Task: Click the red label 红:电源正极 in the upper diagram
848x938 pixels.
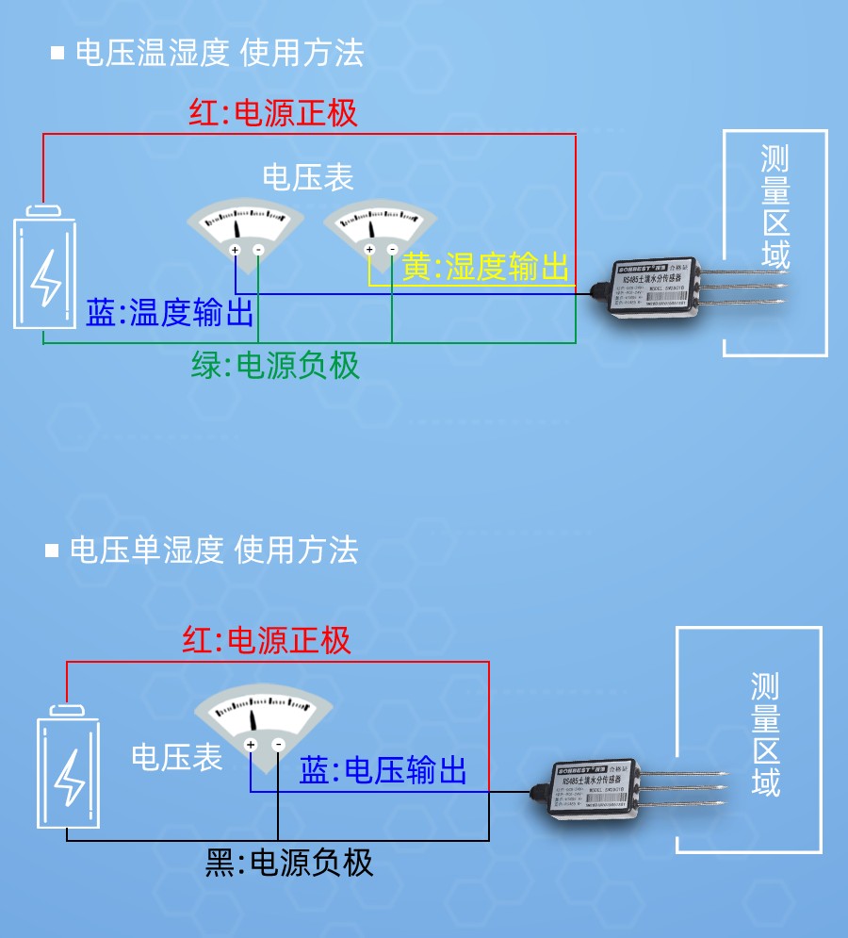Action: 273,114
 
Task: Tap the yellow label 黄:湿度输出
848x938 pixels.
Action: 486,268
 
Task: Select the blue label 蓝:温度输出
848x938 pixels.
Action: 170,313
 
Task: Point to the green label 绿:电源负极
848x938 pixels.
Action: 275,365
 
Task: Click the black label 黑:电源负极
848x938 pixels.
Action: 289,862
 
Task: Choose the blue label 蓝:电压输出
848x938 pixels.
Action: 383,770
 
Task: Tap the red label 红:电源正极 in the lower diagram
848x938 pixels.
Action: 267,641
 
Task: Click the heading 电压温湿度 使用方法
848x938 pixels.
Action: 219,53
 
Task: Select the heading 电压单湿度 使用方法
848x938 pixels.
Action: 214,550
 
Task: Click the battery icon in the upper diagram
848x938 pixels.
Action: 44,268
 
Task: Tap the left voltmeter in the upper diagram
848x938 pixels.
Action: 245,232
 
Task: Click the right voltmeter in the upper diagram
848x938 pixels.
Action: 380,232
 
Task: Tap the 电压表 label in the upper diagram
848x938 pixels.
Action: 308,177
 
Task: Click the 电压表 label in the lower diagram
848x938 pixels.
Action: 177,757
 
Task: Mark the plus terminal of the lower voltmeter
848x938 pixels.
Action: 251,745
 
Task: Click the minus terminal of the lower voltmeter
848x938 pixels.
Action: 279,745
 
